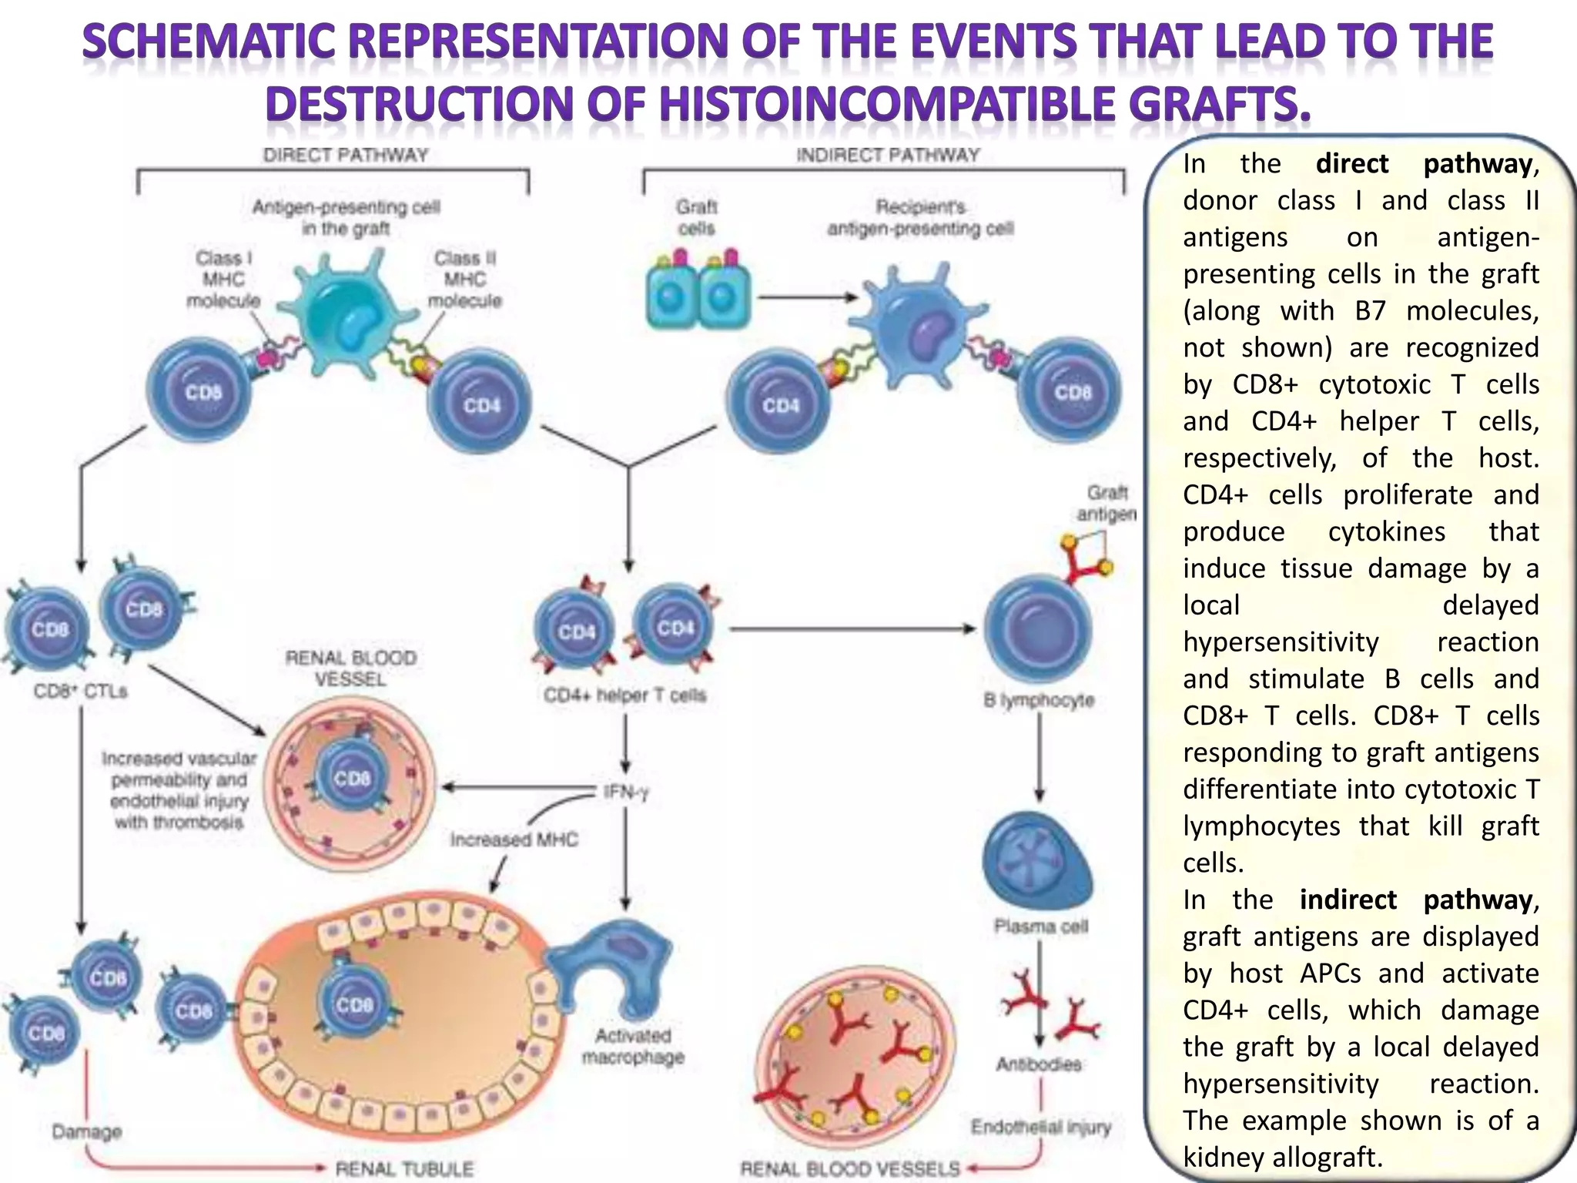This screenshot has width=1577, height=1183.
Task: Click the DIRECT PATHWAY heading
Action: (x=345, y=155)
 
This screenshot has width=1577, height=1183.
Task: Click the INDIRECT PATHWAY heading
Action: (x=887, y=155)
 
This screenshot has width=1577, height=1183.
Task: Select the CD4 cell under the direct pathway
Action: (x=480, y=404)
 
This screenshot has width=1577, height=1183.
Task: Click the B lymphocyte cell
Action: (x=1038, y=628)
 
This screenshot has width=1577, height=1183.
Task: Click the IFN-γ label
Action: (x=626, y=792)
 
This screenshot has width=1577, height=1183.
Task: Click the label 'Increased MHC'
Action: (x=514, y=839)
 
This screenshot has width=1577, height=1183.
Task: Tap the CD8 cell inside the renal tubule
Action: (x=354, y=1004)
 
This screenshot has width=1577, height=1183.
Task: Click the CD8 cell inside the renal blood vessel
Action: (x=352, y=778)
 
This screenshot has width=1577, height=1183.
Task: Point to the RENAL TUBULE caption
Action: (x=404, y=1168)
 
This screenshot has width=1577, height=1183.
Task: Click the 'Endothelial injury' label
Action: (x=1040, y=1128)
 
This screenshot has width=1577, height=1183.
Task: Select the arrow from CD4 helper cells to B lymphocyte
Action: (x=851, y=629)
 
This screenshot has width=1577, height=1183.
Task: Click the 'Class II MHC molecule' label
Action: (x=464, y=279)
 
